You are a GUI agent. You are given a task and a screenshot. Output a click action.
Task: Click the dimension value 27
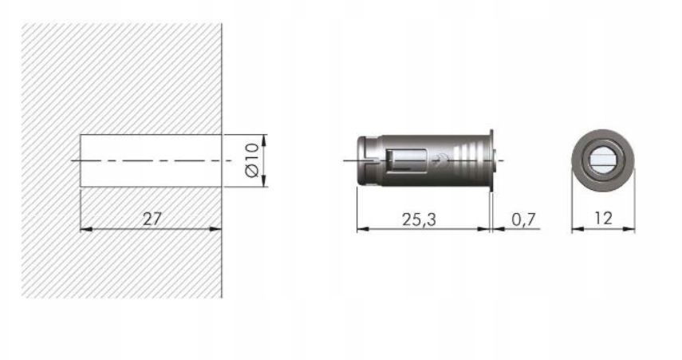click(152, 219)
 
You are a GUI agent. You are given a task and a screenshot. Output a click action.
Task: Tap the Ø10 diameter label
click(252, 160)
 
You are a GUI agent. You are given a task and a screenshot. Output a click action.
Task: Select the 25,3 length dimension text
click(419, 220)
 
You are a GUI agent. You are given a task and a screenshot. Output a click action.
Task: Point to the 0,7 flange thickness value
click(523, 220)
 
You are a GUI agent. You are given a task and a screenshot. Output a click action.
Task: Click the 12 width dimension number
click(603, 218)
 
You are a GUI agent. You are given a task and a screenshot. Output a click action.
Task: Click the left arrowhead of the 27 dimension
click(86, 228)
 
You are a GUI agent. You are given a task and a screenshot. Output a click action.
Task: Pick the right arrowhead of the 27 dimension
click(215, 228)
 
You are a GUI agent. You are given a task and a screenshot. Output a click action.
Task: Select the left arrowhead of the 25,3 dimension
click(363, 228)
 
